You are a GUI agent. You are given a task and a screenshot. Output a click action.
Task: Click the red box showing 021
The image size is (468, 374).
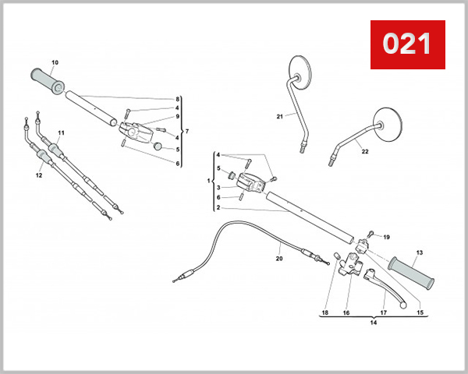pos(406,44)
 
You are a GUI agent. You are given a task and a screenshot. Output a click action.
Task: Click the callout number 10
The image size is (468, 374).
pos(55,62)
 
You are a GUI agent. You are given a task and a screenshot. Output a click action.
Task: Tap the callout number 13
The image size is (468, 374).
pos(419,252)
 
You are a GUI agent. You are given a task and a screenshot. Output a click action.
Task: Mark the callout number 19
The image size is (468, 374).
pos(386,237)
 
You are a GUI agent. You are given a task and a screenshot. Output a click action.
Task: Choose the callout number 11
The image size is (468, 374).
pos(62,132)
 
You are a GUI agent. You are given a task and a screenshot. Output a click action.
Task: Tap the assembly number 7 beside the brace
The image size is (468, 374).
pos(186,131)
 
